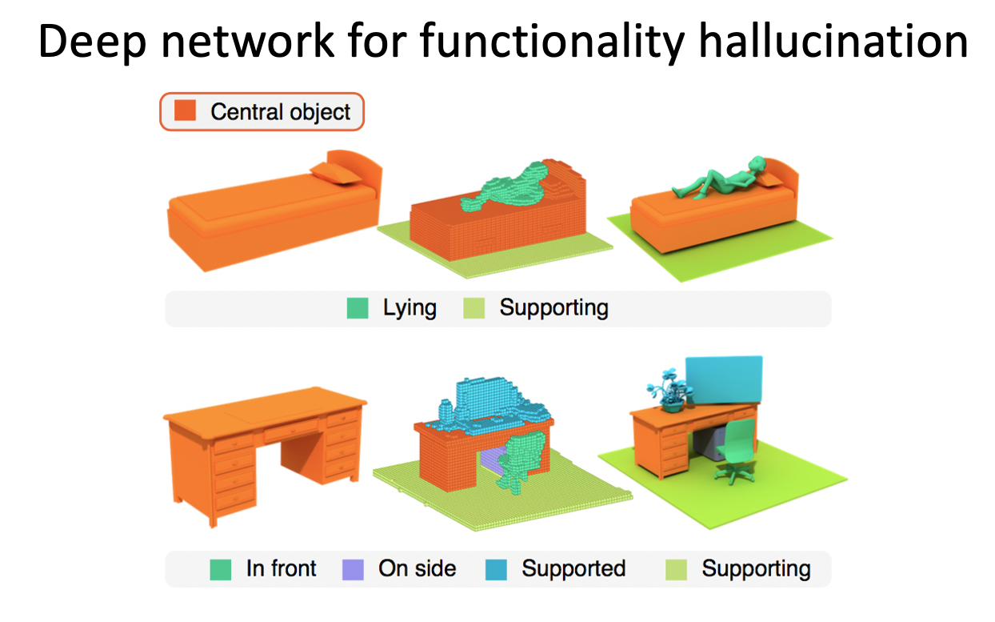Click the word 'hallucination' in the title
833,41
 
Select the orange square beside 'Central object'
185,110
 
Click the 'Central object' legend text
280,111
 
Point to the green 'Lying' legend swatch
358,308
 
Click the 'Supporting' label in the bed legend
554,308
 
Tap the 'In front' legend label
282,568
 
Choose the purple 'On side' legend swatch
354,569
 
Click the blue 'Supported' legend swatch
496,569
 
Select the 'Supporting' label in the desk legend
757,569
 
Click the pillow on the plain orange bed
336,172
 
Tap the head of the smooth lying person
757,163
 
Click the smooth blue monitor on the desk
724,379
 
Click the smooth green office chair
736,451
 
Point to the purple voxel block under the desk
493,460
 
